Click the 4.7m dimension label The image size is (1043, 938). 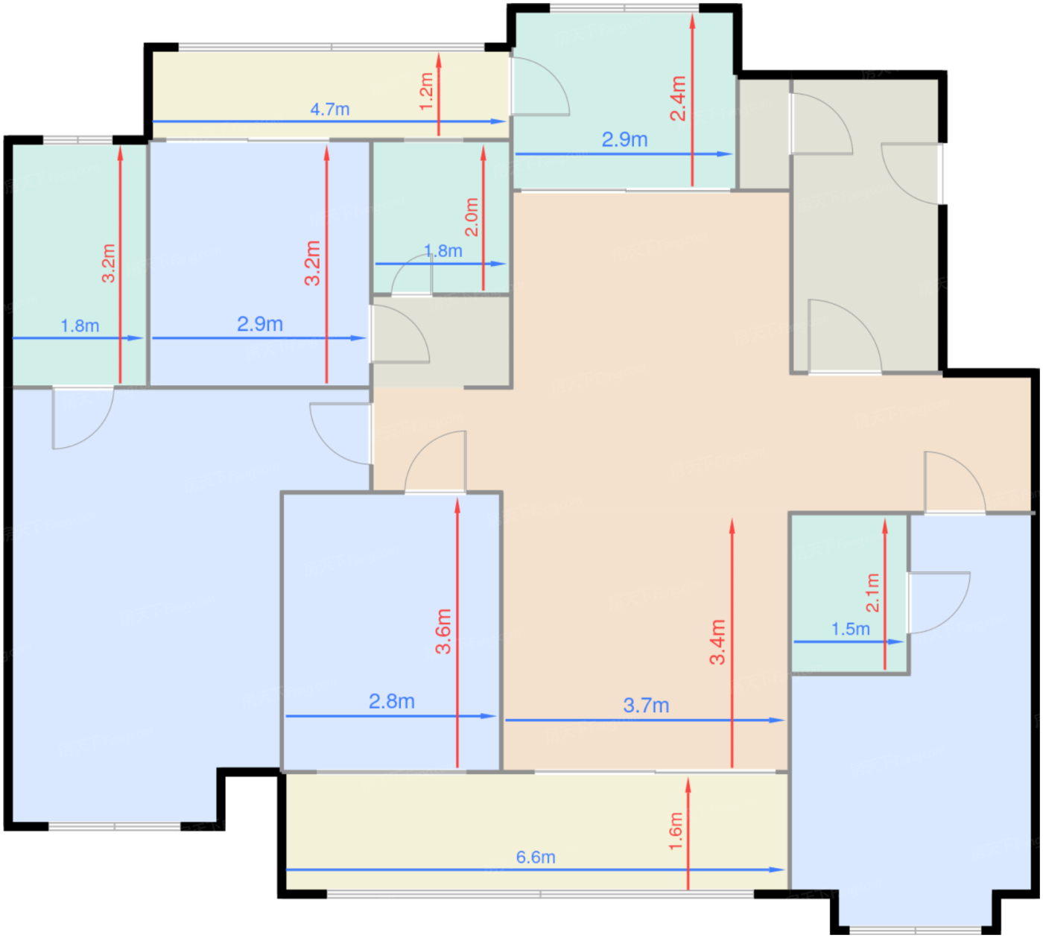(329, 110)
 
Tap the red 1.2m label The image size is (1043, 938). (426, 92)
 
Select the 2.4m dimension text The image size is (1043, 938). (678, 98)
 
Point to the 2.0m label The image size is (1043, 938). (471, 217)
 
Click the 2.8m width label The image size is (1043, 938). (392, 701)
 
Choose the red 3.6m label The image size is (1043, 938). (443, 631)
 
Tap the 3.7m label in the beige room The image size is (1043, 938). (646, 706)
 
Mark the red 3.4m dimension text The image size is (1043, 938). (717, 642)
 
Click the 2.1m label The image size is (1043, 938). (872, 593)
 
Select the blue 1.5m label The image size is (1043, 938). (851, 629)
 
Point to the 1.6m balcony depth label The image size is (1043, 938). (675, 831)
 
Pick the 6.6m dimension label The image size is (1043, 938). (536, 857)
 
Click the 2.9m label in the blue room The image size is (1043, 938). (260, 324)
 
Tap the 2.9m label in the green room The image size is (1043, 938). (624, 139)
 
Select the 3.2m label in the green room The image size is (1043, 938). (108, 263)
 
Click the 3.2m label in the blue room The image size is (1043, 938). (312, 263)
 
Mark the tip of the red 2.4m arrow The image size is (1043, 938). (692, 15)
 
